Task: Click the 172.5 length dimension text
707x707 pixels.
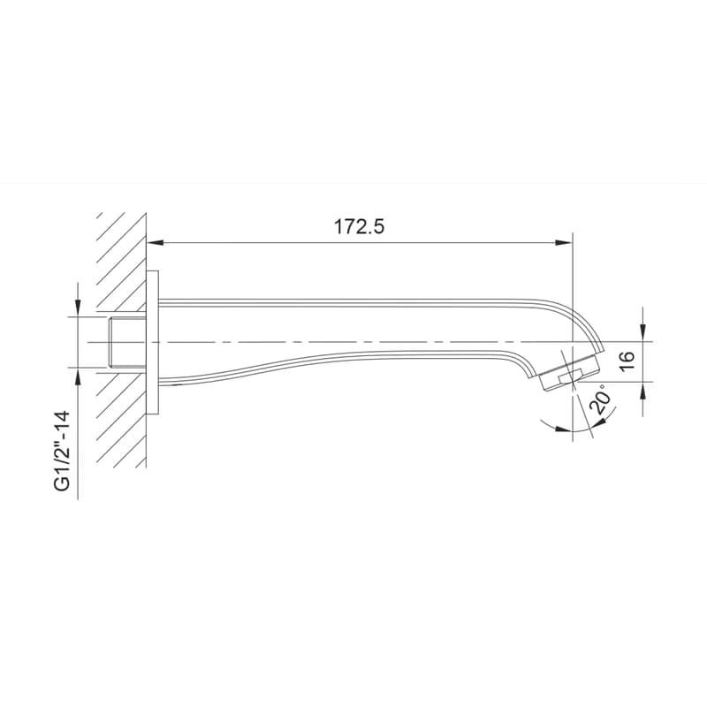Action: point(359,226)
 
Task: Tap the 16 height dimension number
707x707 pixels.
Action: point(627,361)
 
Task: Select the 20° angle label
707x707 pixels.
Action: point(602,399)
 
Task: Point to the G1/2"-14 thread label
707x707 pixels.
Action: point(62,450)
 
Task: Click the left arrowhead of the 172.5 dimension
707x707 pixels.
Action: point(156,242)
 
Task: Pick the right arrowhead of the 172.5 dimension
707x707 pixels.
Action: point(564,242)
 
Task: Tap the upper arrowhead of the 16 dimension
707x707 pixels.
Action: point(643,333)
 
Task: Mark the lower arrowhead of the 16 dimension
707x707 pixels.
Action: point(643,390)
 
